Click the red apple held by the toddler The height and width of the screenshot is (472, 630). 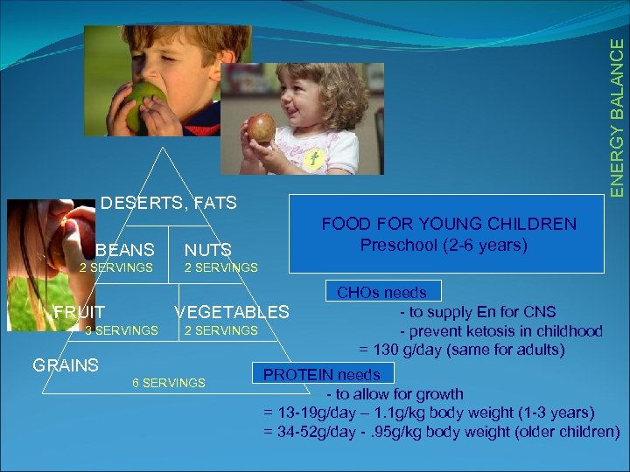261,128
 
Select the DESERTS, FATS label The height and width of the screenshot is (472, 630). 169,204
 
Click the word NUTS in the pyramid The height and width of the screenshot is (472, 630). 207,251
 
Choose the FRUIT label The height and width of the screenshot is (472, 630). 80,312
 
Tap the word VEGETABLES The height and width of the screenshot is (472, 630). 232,312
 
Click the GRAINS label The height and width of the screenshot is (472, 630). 66,365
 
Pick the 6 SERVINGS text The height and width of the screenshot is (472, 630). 169,383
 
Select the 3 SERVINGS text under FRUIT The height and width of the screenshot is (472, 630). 122,330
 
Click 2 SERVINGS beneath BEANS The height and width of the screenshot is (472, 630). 116,267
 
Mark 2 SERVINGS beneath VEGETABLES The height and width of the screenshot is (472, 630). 221,330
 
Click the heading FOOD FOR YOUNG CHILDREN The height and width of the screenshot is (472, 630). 449,224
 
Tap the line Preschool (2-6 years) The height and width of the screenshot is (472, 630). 444,245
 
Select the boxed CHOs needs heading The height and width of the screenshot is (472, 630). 382,293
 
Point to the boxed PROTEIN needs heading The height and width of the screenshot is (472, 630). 322,375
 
